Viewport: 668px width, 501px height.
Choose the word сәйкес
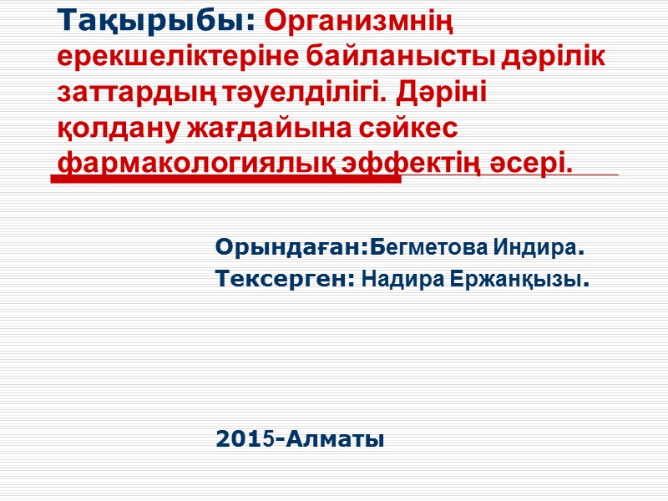(409, 129)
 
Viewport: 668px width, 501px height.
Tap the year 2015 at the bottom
(246, 438)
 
